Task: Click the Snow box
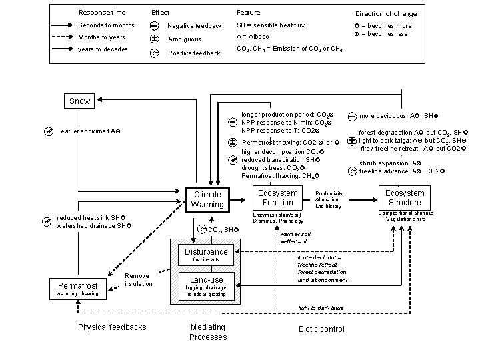80,101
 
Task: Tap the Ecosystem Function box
278,197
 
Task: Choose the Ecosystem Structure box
405,197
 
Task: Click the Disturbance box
207,251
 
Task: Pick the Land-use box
207,279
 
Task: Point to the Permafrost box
77,287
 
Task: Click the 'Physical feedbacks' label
112,327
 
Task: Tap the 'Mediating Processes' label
208,332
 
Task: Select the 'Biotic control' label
322,329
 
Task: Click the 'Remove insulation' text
137,280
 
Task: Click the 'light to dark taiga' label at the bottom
320,308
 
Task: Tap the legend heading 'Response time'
101,13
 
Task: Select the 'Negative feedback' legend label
195,26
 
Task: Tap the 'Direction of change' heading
386,13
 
